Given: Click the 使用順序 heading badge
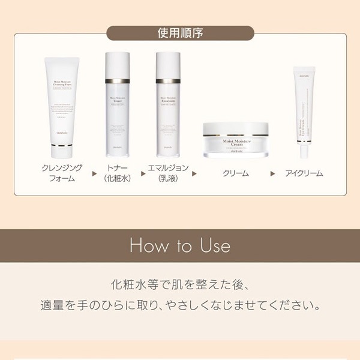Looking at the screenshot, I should coord(180,31).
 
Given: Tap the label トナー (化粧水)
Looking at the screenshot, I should coord(118,173).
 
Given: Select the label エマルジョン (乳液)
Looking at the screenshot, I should coord(168,173).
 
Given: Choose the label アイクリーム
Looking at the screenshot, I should coord(304,173).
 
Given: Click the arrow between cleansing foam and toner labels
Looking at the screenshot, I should coord(94,173).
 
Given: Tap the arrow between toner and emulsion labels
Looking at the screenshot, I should coord(143,173).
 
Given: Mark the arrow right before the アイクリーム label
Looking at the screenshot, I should coord(273,173).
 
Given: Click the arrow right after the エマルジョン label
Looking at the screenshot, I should coord(194,173).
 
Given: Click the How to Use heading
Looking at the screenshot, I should coord(180,246).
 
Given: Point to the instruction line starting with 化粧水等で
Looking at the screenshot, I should coord(180,284).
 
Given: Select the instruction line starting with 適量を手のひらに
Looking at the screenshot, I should coord(180,306).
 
